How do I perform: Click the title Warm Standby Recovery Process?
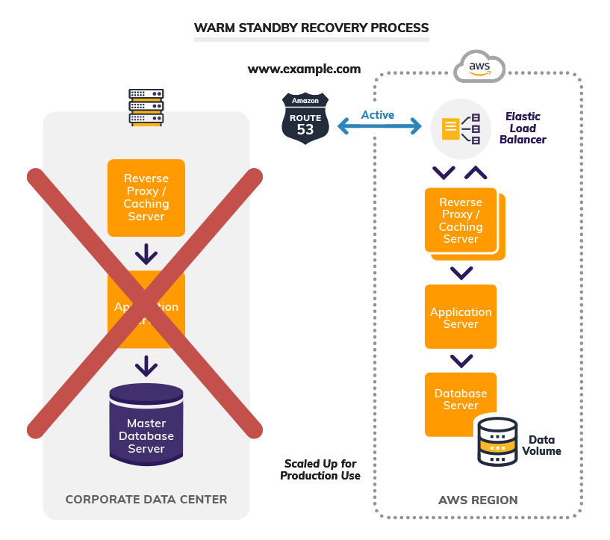click(311, 28)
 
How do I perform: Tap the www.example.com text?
click(304, 69)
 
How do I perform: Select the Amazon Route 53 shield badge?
click(305, 117)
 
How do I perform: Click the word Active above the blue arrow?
click(377, 115)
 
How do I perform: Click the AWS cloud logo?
click(479, 67)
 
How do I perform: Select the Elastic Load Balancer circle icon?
click(461, 128)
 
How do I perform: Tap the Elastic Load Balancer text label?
click(523, 128)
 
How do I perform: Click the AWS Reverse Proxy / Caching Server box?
click(461, 221)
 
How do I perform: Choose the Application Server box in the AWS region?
click(461, 317)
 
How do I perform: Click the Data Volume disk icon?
click(496, 440)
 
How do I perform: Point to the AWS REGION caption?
click(478, 500)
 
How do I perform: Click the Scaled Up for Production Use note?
click(320, 470)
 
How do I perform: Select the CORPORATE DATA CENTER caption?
click(146, 499)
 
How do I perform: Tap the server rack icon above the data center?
click(146, 107)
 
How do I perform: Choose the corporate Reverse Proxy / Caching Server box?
click(146, 197)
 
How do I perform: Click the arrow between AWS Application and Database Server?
click(461, 361)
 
